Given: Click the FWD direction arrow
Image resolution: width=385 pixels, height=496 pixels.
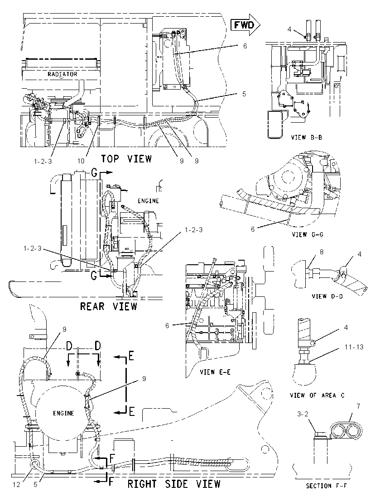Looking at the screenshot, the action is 245,24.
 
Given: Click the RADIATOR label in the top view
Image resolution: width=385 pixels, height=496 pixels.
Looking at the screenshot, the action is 63,74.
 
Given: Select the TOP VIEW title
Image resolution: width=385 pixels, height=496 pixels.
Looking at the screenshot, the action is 126,158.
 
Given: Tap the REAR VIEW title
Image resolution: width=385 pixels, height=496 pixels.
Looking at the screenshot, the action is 109,306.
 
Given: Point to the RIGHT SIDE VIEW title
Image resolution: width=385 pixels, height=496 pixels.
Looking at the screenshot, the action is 174,484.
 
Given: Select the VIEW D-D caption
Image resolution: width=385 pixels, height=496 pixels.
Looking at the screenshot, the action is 327,296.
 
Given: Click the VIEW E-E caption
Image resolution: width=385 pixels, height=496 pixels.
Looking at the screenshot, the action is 215,372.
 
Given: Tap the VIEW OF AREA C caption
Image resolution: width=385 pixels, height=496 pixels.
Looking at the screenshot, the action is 317,395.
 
